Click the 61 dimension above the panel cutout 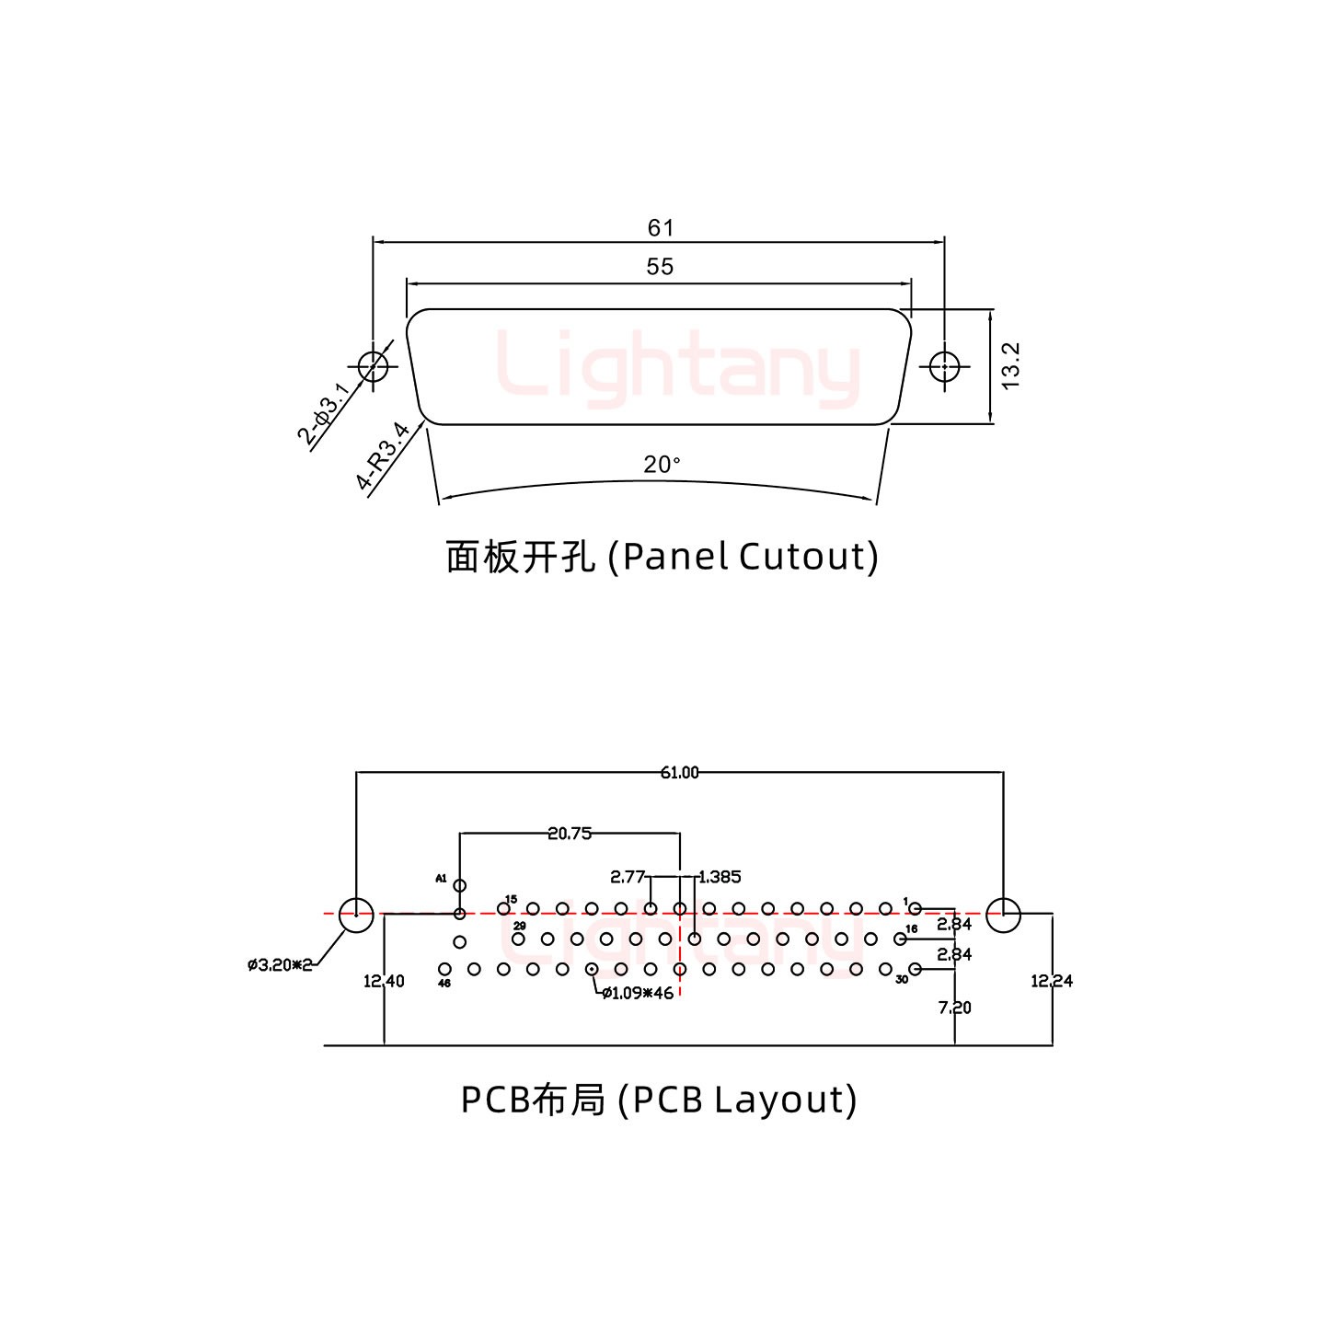pos(660,227)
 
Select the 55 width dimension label pos(660,267)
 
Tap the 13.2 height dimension pos(1010,365)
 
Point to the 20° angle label pos(662,466)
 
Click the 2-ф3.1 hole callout pos(323,414)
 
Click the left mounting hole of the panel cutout pos(373,367)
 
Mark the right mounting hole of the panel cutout pos(943,367)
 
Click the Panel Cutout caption pos(662,557)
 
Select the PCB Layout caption pos(659,1100)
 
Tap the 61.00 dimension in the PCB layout pos(679,773)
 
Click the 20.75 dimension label pos(569,834)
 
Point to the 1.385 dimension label pos(720,877)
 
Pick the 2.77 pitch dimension pos(628,877)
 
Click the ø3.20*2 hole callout pos(280,964)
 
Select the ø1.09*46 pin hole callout pos(638,993)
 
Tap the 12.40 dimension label pos(384,981)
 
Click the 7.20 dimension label pos(954,1008)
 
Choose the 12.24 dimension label pos(1052,981)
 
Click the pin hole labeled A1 pos(460,886)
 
